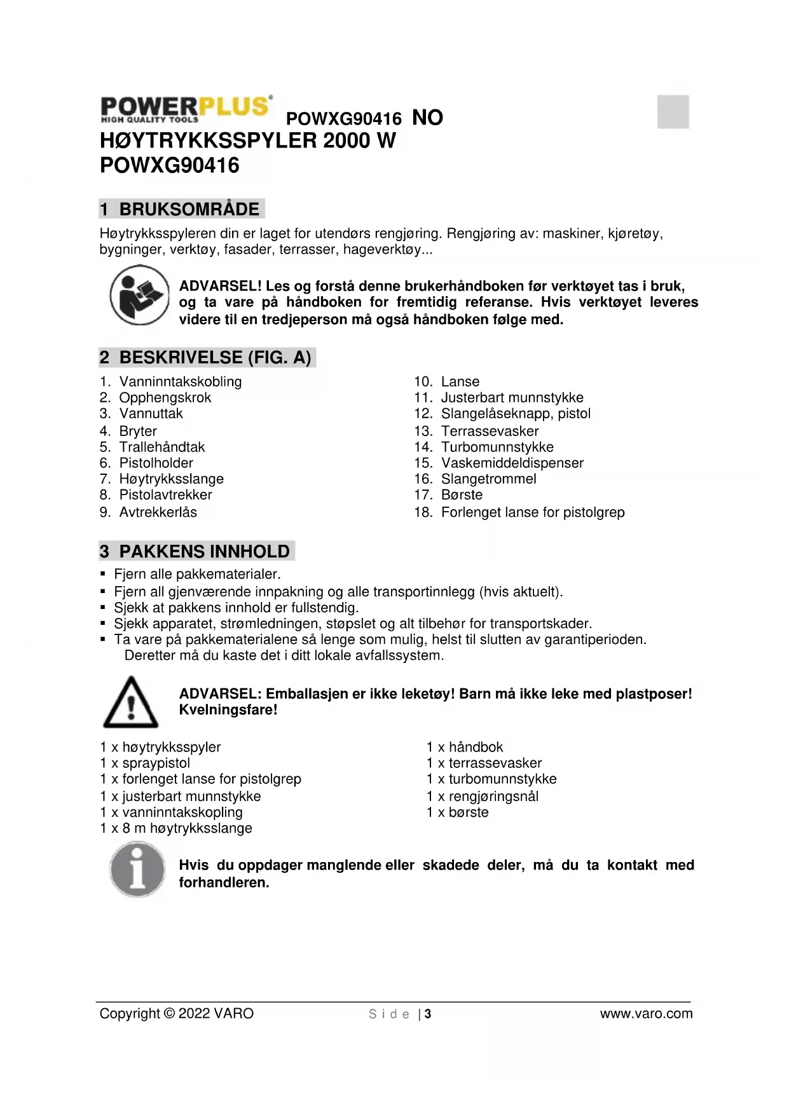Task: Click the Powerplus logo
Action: [x=186, y=109]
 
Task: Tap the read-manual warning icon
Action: [x=139, y=295]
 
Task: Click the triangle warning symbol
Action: [x=130, y=702]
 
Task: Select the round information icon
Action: [x=137, y=869]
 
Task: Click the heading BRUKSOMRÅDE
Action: [x=189, y=209]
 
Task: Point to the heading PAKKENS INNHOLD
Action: [x=204, y=551]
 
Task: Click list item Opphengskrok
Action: [x=165, y=398]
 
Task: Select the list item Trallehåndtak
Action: [x=161, y=447]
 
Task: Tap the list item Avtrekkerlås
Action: [x=158, y=512]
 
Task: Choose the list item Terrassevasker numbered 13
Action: [x=490, y=431]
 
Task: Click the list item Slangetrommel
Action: [x=488, y=479]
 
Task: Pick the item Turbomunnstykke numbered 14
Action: [x=497, y=447]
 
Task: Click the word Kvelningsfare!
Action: [x=228, y=710]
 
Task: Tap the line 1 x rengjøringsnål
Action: [x=483, y=797]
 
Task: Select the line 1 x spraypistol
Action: [x=145, y=763]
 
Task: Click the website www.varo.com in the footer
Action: [x=646, y=1014]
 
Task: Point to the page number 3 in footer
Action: [x=429, y=1014]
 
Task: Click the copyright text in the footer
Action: [x=176, y=1014]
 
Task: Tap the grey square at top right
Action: [x=673, y=112]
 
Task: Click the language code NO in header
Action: [x=427, y=118]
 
